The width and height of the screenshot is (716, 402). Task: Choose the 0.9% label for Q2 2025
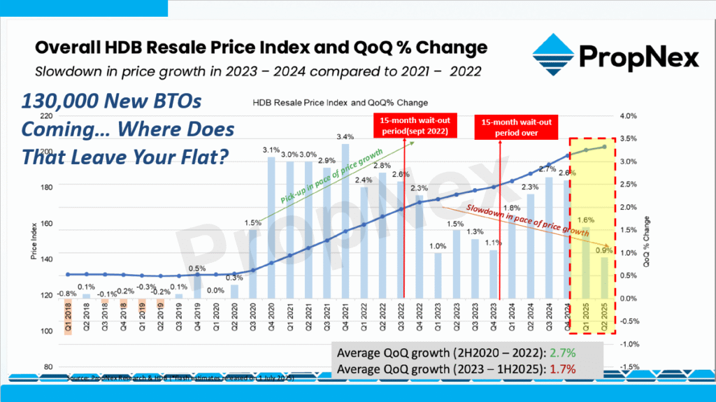point(603,250)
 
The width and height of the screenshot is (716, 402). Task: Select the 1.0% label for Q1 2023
point(438,246)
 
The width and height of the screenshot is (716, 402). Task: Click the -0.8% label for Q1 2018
point(67,294)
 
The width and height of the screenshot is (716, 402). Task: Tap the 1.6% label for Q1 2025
point(586,220)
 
